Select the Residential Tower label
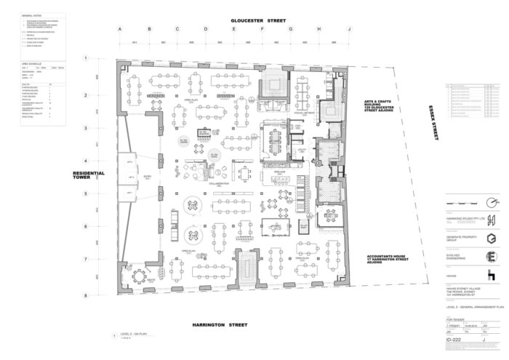tap(89, 176)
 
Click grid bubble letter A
tap(121, 30)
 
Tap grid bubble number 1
tap(86, 57)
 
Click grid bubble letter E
tap(234, 30)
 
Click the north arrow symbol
tap(491, 201)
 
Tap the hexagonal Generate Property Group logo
tap(491, 238)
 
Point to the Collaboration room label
tap(219, 183)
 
